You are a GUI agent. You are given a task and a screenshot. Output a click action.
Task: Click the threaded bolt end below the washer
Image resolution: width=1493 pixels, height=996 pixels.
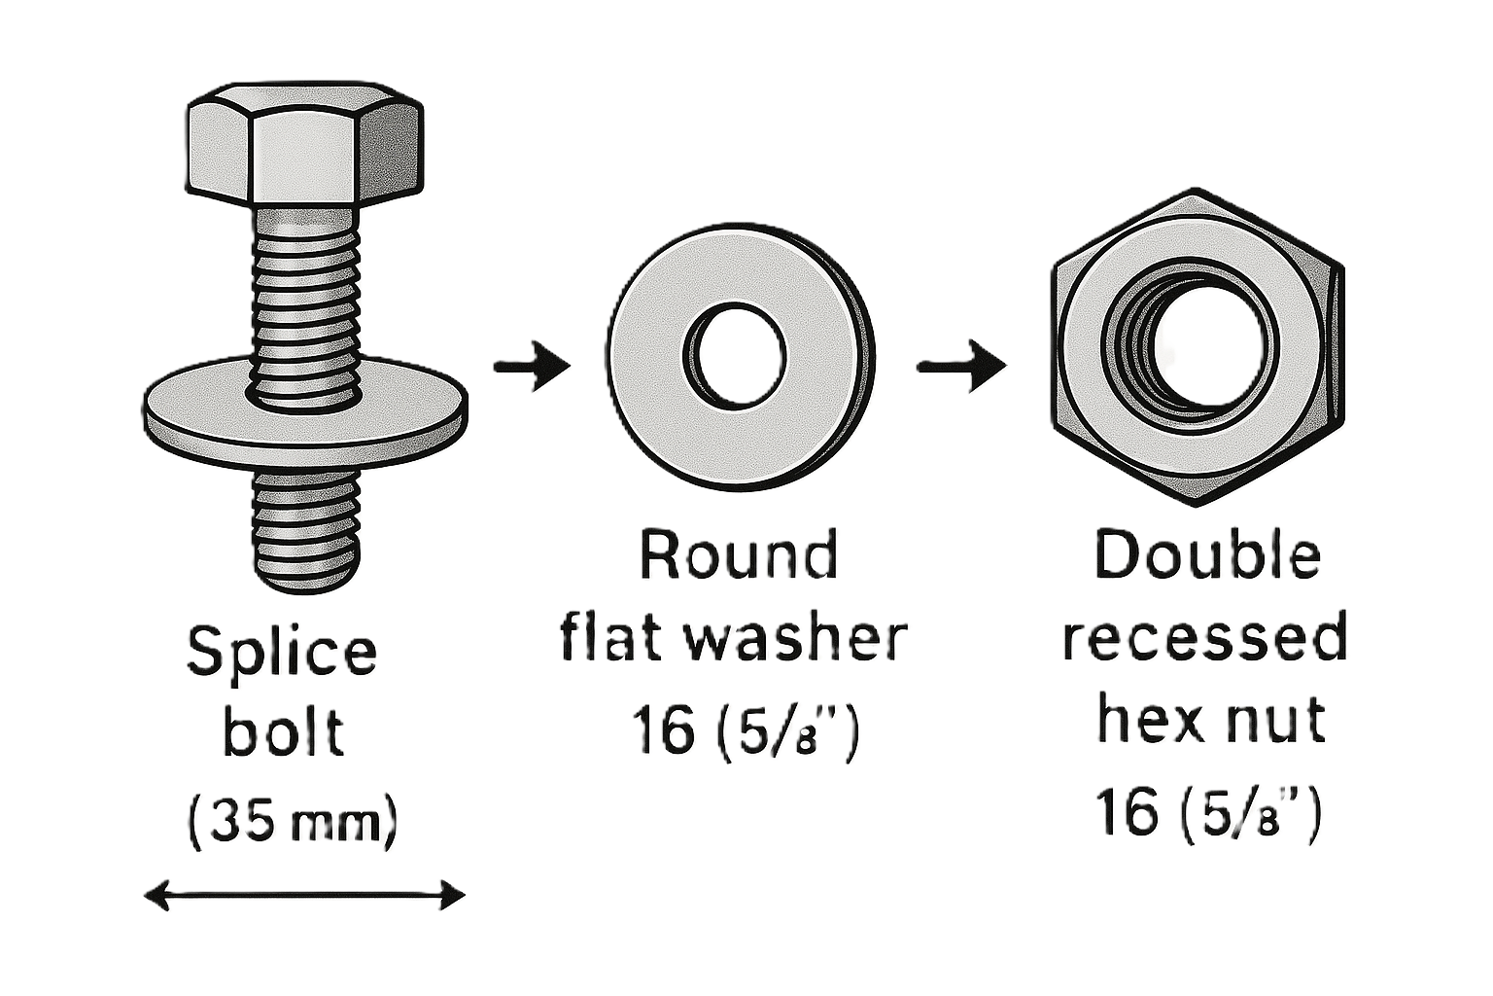(305, 530)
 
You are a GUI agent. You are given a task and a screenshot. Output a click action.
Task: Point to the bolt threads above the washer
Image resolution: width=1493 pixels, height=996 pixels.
(305, 292)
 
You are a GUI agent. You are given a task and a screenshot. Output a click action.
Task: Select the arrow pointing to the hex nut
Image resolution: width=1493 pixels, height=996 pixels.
(960, 367)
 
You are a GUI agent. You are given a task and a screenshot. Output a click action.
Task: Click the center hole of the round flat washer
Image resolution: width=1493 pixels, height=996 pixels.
(737, 356)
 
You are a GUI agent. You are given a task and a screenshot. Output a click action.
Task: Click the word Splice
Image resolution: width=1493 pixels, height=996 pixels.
(281, 652)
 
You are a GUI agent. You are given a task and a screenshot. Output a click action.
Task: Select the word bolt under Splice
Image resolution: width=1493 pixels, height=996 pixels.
(283, 731)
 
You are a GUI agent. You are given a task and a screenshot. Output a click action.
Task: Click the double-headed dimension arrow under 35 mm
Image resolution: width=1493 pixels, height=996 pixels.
(304, 895)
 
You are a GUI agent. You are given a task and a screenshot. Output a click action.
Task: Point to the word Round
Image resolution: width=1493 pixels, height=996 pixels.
(738, 554)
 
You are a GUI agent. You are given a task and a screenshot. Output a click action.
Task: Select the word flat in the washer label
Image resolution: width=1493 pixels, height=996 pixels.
(612, 639)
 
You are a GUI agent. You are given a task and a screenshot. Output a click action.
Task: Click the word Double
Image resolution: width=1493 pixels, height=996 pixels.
(1207, 554)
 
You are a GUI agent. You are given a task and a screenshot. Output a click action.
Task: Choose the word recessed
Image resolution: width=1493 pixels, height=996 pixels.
(1205, 639)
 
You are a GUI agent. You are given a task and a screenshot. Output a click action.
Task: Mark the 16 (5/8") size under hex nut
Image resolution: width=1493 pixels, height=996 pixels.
(1207, 812)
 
